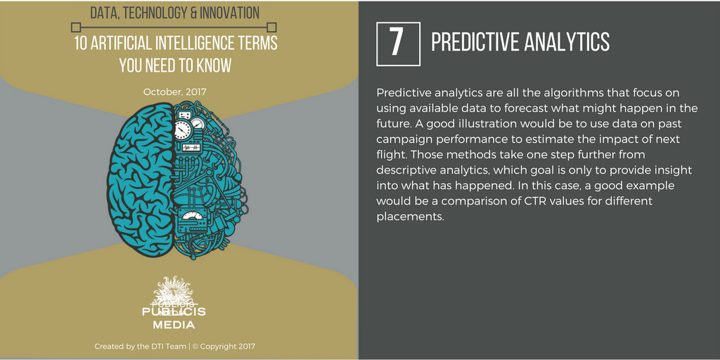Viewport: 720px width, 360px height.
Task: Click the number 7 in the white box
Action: click(398, 43)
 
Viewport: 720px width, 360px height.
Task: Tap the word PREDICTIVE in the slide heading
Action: click(474, 42)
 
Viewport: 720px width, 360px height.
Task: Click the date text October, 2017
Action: click(175, 91)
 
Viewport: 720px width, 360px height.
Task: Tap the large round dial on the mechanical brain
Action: click(183, 129)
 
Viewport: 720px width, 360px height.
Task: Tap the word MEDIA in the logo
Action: click(174, 326)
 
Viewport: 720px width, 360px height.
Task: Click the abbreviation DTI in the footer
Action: click(155, 347)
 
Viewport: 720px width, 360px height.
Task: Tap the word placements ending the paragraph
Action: click(409, 217)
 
